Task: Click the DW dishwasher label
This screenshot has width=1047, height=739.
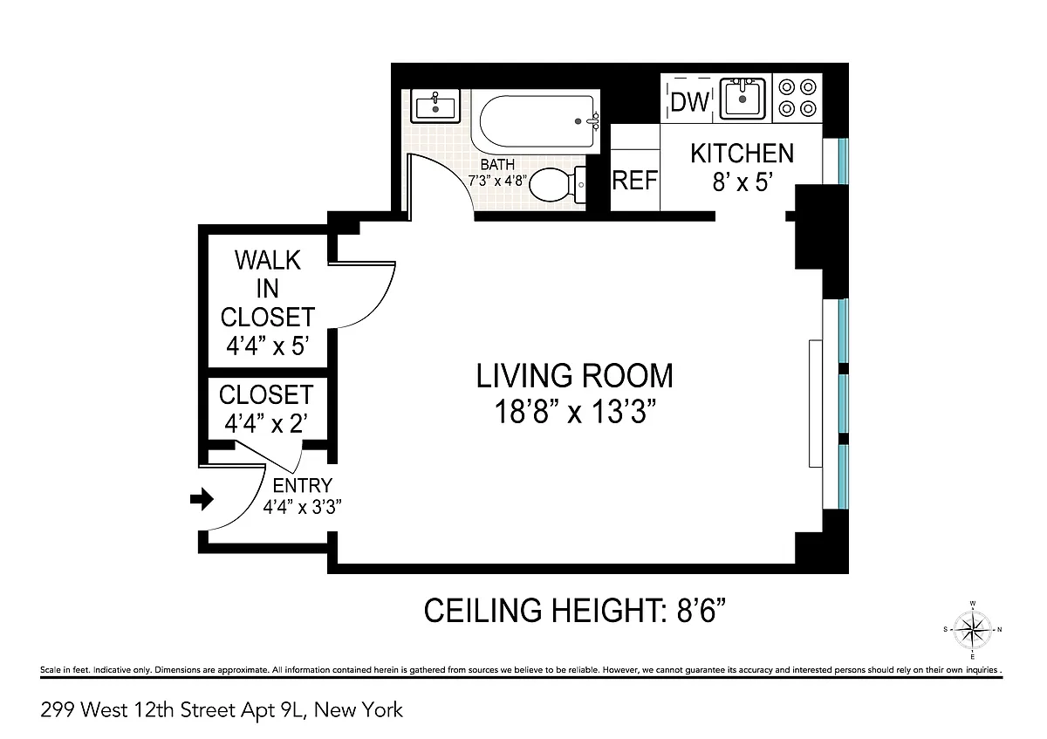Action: coord(689,101)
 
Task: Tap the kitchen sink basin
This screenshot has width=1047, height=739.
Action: coord(742,99)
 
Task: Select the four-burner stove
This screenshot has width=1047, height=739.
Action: coord(797,99)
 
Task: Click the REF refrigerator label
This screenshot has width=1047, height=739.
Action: coord(635,180)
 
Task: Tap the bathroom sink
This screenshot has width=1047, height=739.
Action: coord(435,106)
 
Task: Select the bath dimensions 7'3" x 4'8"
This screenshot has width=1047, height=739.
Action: coord(497,181)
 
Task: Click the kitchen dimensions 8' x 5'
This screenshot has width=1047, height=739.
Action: coord(742,181)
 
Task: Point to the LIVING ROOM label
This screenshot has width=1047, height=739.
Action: coord(574,375)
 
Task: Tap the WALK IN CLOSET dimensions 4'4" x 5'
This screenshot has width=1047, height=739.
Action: coord(267,346)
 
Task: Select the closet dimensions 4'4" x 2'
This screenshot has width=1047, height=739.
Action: coord(266,424)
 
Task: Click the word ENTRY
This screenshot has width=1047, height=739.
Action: coord(303,486)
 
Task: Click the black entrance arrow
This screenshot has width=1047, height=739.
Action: coord(202,499)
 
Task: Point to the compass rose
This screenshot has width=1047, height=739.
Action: coord(973,630)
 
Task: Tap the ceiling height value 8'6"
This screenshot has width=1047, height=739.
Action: coord(702,611)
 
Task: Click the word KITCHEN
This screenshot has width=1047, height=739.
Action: coord(742,153)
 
